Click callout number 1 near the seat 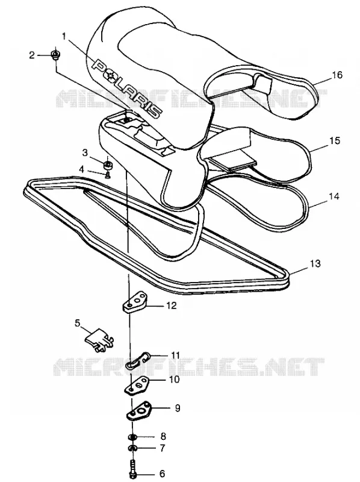64,36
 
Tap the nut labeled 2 56,55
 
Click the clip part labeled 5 99,340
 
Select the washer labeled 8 132,437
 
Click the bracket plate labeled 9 138,412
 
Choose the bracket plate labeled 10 137,385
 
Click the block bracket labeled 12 135,303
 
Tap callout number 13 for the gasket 315,263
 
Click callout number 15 335,141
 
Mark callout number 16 337,75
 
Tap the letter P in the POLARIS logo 99,66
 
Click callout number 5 77,323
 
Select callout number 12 172,305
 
